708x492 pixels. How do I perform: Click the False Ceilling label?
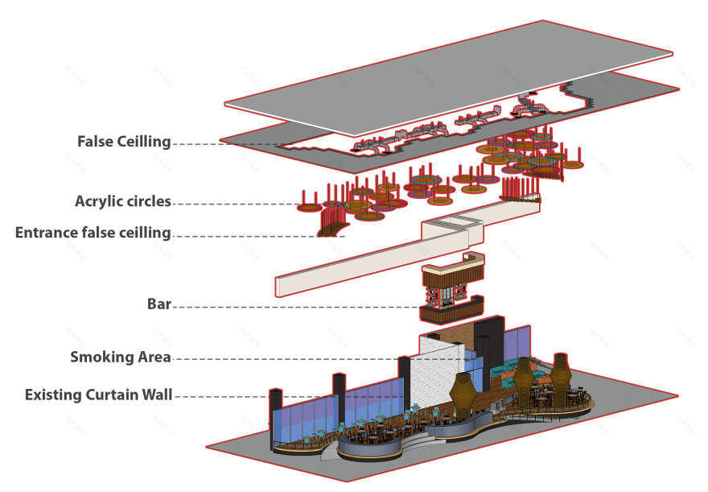point(124,142)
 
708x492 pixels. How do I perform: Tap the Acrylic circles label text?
point(123,201)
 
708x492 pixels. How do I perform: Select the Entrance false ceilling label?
point(93,233)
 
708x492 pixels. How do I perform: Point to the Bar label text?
point(159,304)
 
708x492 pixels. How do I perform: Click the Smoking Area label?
point(121,357)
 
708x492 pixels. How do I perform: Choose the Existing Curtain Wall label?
point(99,395)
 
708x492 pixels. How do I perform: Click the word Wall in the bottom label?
point(157,395)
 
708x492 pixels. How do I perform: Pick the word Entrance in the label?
point(47,233)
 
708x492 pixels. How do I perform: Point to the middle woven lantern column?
point(523,378)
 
